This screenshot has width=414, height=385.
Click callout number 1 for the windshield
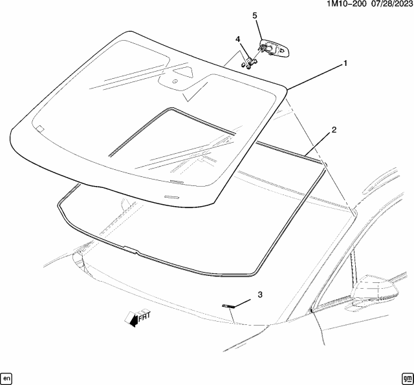point(345,63)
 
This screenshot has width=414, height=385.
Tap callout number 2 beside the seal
point(334,130)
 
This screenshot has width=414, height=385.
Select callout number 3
point(260,295)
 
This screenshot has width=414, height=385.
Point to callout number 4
point(238,39)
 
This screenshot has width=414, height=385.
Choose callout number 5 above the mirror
point(255,16)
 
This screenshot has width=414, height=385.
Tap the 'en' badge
point(7,377)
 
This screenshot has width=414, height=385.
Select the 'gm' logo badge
point(406,377)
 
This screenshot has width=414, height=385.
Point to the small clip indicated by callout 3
point(226,306)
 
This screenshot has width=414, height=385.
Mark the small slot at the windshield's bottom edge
point(173,196)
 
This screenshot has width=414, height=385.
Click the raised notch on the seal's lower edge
point(131,249)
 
